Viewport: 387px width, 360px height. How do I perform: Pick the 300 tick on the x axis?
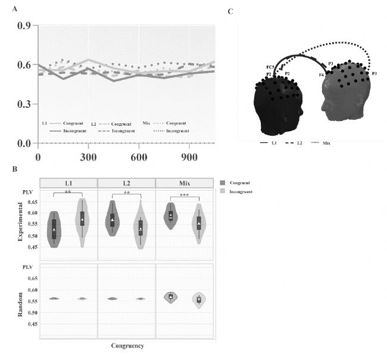click(x=88, y=157)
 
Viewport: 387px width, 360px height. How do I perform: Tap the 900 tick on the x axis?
click(x=189, y=157)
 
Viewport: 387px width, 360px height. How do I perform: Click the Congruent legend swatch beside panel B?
click(x=223, y=182)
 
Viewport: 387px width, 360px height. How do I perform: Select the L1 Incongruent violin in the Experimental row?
click(x=82, y=221)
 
